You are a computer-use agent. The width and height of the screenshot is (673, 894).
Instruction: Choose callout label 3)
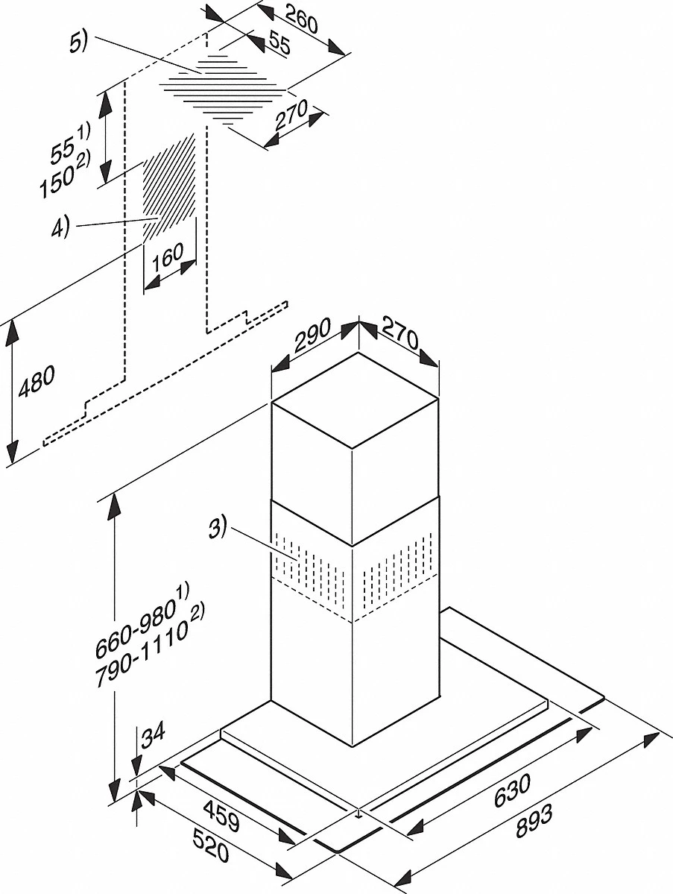tap(216, 531)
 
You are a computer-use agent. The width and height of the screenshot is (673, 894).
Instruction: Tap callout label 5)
tap(78, 43)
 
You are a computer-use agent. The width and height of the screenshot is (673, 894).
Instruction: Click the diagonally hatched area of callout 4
tap(171, 186)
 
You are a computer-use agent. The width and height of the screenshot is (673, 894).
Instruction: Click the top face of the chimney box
tap(355, 402)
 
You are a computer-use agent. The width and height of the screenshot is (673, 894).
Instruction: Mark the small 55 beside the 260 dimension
tap(278, 45)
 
